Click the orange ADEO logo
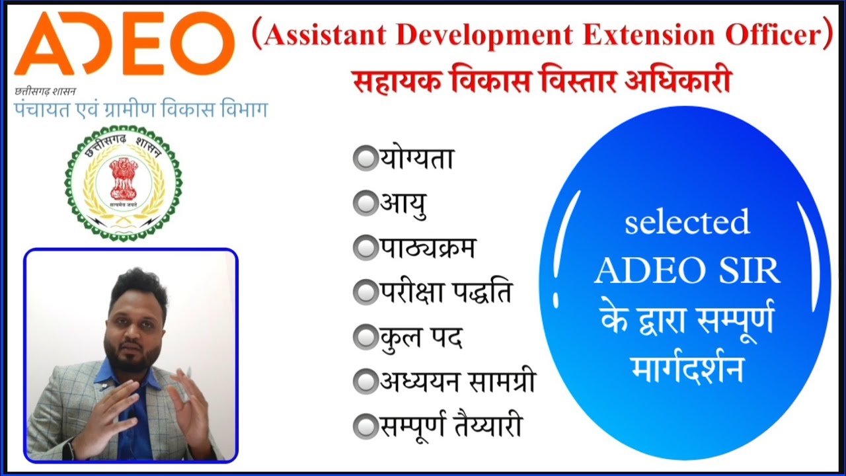(124, 44)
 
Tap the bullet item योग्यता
(416, 160)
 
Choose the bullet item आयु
(403, 204)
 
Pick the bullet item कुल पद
(420, 337)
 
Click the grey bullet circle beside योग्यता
(364, 159)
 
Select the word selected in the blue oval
(687, 222)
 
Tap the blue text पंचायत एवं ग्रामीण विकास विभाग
(141, 110)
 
